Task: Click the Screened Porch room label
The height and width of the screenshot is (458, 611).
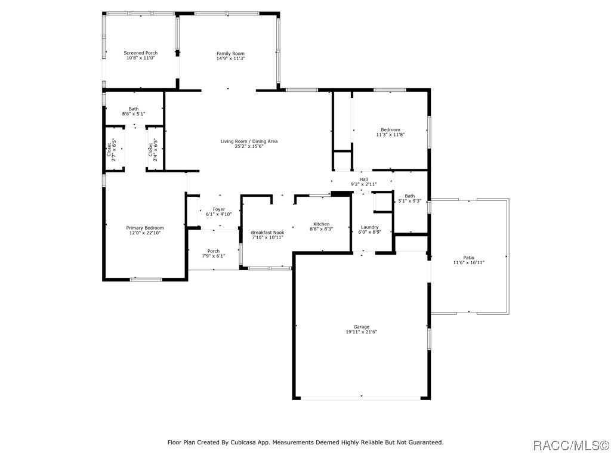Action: [x=141, y=53]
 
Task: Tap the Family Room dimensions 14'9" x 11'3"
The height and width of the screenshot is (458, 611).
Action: [x=231, y=58]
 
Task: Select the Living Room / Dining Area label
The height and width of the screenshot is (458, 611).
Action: [x=249, y=141]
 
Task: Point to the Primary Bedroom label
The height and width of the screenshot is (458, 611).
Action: [x=145, y=228]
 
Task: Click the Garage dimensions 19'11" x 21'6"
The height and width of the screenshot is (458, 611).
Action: [x=361, y=332]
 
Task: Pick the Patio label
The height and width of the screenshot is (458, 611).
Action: [x=469, y=258]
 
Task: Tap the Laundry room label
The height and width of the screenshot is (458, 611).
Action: [x=370, y=227]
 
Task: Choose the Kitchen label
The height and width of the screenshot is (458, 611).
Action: [x=322, y=224]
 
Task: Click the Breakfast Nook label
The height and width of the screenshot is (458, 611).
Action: [x=268, y=233]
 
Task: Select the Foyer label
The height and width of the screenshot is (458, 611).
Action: [x=219, y=209]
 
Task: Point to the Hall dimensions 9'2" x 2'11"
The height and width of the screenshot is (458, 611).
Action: [x=363, y=184]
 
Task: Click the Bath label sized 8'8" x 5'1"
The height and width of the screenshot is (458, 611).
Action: [x=134, y=109]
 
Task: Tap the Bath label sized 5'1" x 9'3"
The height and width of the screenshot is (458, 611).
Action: [x=409, y=196]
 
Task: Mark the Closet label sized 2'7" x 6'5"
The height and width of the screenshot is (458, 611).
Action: [x=109, y=150]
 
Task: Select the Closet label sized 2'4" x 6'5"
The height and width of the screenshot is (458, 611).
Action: [x=150, y=150]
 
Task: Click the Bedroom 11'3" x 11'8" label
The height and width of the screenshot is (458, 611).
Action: [x=390, y=129]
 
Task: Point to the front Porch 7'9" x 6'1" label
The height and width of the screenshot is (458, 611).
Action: [x=214, y=251]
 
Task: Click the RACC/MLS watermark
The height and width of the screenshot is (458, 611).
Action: [x=571, y=445]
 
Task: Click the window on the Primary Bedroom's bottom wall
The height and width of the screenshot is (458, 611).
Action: [x=146, y=279]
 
